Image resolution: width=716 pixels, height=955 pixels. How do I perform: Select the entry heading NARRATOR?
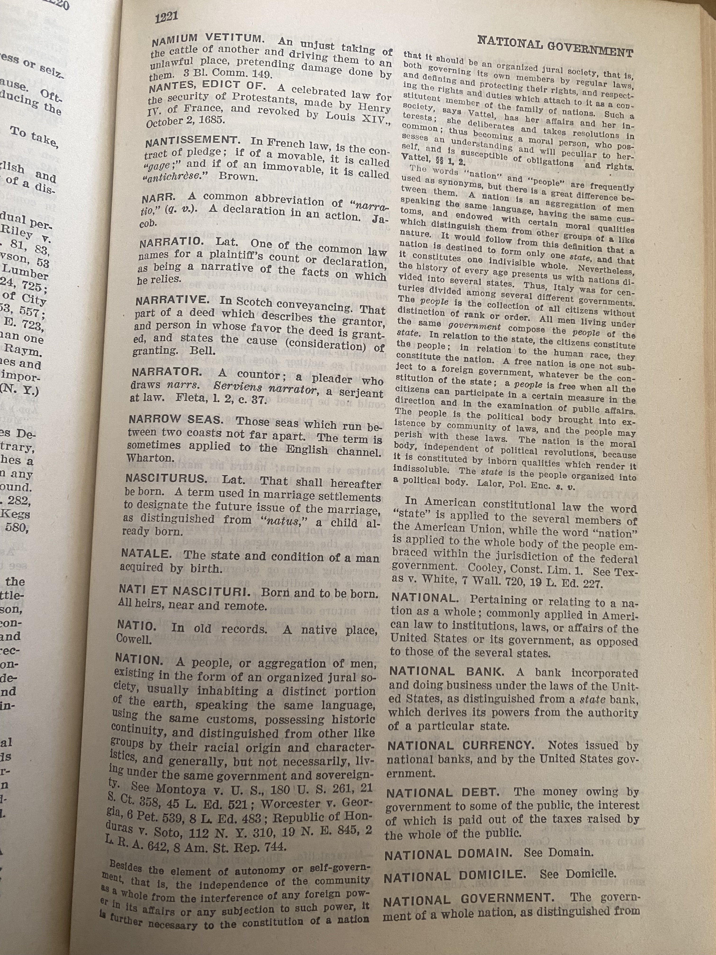click(167, 372)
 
